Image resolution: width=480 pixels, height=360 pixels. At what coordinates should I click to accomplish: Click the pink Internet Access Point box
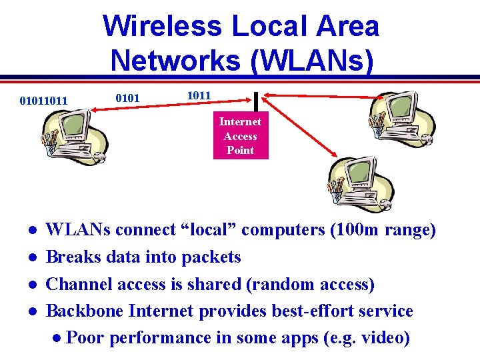pos(240,135)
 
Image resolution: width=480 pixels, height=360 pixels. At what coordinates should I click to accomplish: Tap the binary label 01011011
pos(43,101)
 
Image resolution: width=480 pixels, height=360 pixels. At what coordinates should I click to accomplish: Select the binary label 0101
pos(127,99)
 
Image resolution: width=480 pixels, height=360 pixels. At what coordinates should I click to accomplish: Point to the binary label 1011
pos(199,95)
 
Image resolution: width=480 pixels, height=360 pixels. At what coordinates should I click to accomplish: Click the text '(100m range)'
pos(383,230)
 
